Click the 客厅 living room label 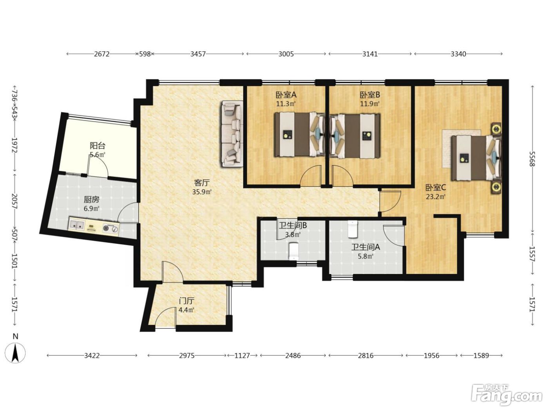[202, 183]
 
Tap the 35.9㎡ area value [202, 192]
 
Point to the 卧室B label [370, 95]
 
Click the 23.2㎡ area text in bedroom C [436, 197]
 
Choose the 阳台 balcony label [98, 145]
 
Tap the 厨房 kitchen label [91, 199]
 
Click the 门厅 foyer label [187, 301]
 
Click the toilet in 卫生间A [353, 229]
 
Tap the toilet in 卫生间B [294, 251]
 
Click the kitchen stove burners [110, 228]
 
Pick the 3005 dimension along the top [286, 54]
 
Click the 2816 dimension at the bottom [365, 355]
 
